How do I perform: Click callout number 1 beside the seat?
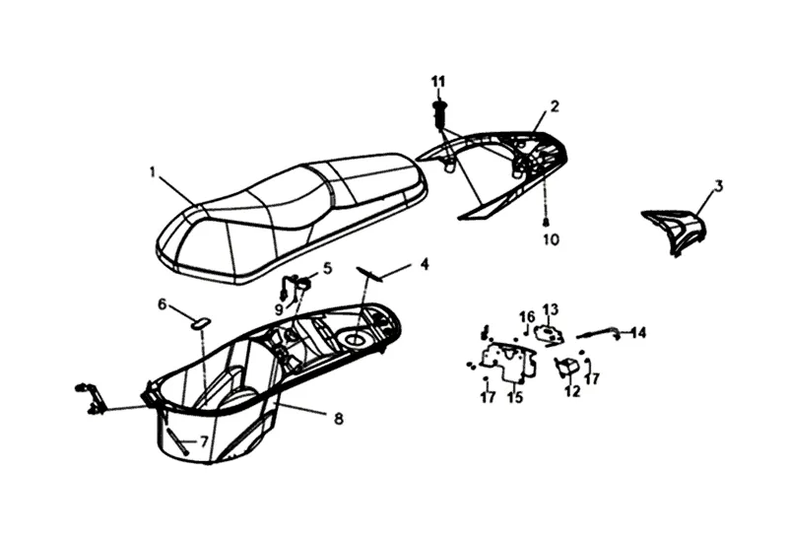click(x=153, y=171)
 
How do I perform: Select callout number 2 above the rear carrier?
click(x=555, y=105)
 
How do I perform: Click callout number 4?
click(x=425, y=263)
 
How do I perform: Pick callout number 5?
click(x=327, y=267)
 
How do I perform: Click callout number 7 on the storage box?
click(x=204, y=442)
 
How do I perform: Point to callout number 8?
click(x=338, y=419)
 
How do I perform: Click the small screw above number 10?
click(x=545, y=223)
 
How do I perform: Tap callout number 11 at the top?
click(x=438, y=79)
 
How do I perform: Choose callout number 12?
click(x=573, y=391)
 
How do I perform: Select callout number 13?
click(x=550, y=309)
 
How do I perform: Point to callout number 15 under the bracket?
click(x=514, y=398)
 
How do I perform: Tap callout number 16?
click(x=527, y=316)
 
